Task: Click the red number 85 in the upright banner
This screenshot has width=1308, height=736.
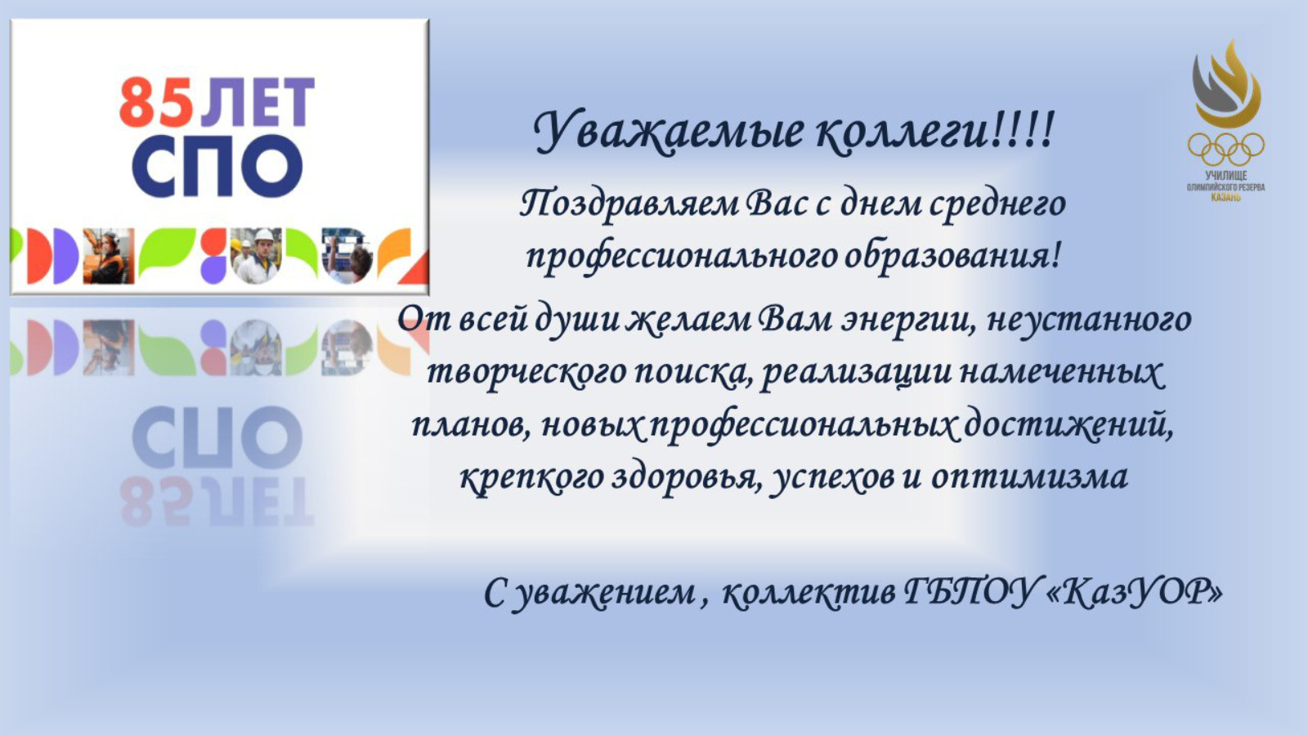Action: click(x=156, y=103)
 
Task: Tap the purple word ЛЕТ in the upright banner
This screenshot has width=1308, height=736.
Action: click(x=258, y=103)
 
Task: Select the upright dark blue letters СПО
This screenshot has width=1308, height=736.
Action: click(x=217, y=167)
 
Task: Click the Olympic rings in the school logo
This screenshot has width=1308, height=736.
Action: click(x=1225, y=149)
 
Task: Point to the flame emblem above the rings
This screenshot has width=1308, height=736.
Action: click(x=1226, y=84)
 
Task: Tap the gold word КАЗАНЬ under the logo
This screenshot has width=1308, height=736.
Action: click(x=1225, y=197)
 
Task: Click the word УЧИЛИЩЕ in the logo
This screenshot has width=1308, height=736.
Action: click(x=1225, y=175)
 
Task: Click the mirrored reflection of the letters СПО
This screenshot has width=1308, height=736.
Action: click(x=217, y=438)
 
